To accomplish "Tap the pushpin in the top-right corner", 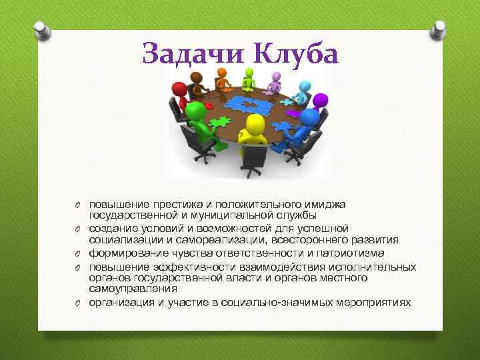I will click(x=439, y=29).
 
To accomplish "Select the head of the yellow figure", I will click(x=254, y=124).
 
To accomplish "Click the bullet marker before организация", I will click(x=77, y=303).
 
